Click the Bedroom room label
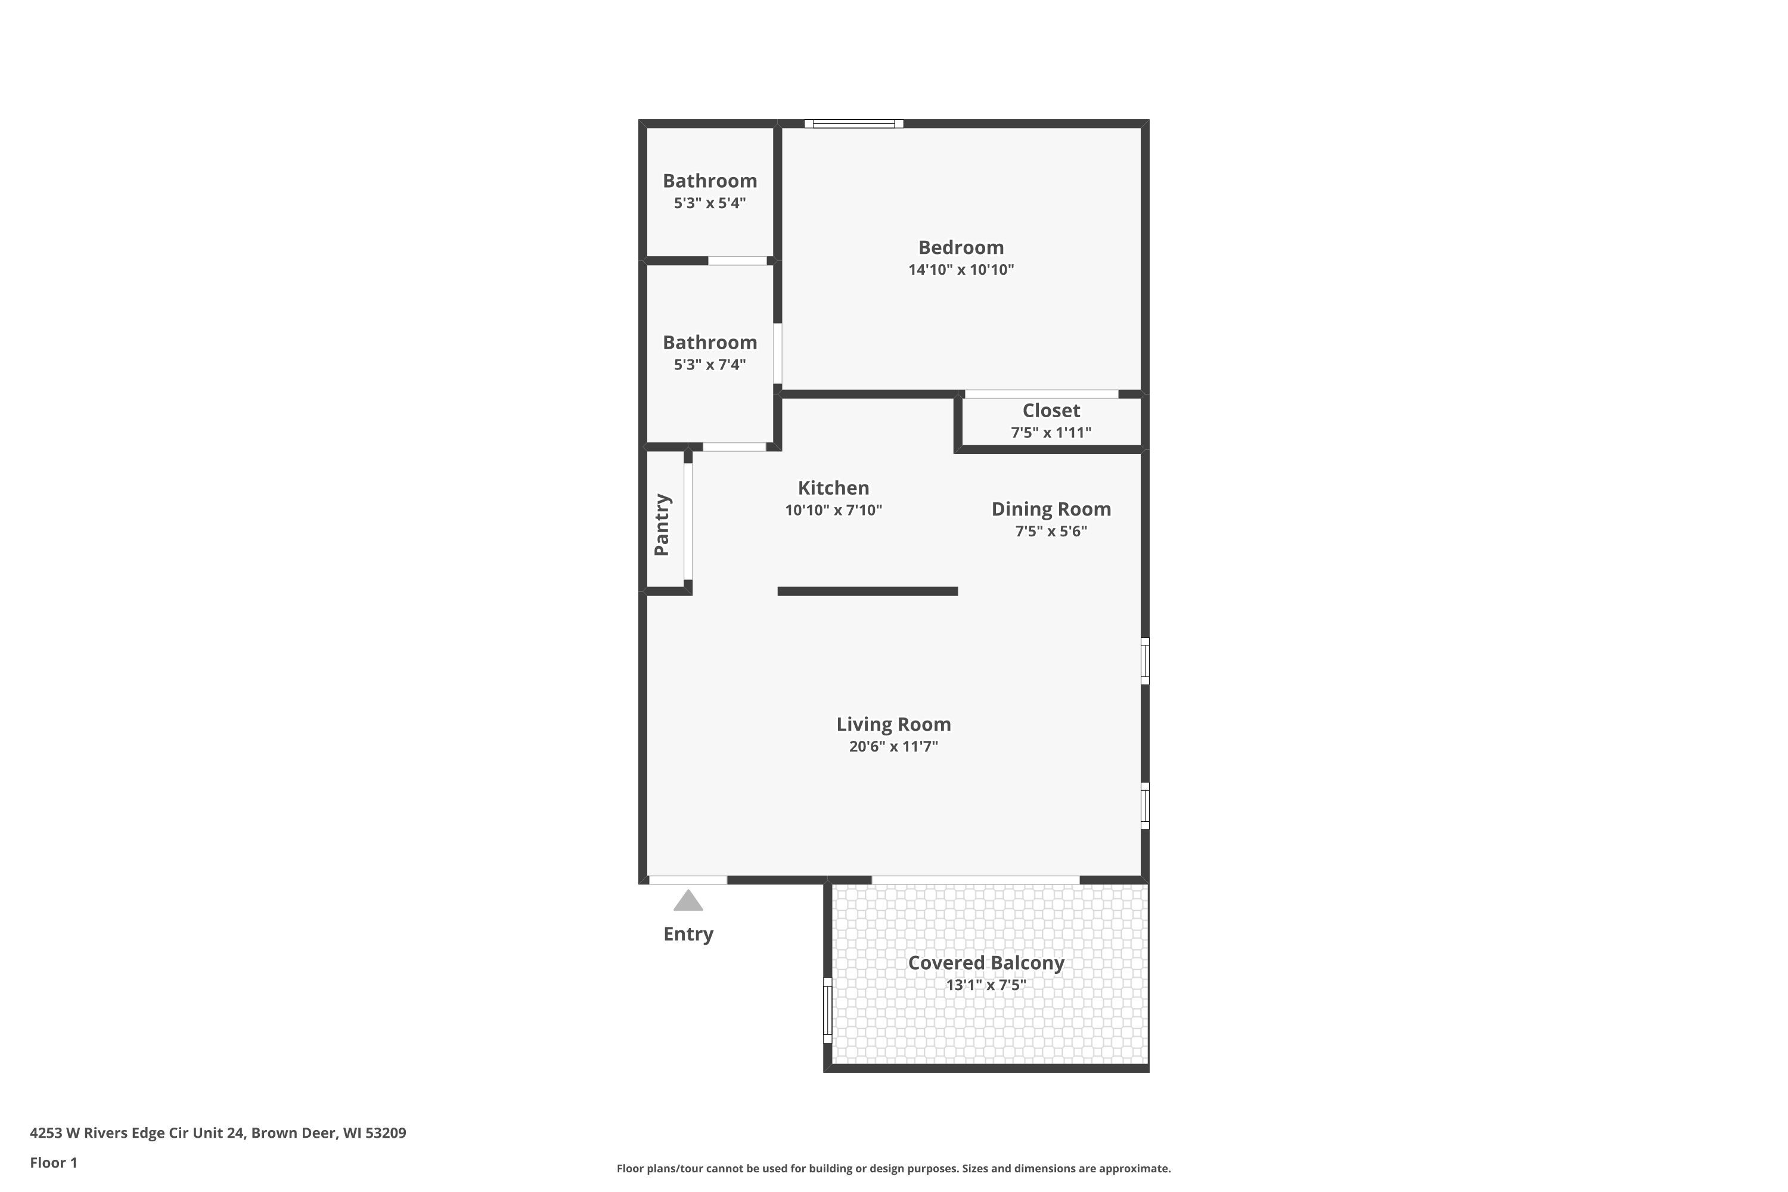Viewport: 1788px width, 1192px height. click(961, 247)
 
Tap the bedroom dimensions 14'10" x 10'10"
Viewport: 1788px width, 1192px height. click(961, 270)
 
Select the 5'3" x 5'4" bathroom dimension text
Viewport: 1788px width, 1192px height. click(709, 203)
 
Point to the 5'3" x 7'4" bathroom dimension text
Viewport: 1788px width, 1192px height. click(709, 365)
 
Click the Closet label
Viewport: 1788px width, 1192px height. click(1051, 411)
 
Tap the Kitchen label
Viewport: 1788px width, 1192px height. click(833, 488)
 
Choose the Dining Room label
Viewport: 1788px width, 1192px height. click(1051, 510)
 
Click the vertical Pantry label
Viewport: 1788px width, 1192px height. click(662, 524)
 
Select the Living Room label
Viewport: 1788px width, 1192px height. click(893, 725)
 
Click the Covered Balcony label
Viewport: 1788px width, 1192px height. click(986, 963)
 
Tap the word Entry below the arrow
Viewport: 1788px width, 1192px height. click(688, 935)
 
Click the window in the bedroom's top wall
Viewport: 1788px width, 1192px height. click(853, 124)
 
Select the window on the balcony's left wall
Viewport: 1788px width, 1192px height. click(828, 1010)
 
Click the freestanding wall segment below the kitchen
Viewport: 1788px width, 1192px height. click(867, 591)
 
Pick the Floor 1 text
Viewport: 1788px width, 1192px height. click(53, 1162)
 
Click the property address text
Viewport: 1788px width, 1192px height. click(218, 1133)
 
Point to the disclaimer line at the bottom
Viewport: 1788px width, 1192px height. click(893, 1168)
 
